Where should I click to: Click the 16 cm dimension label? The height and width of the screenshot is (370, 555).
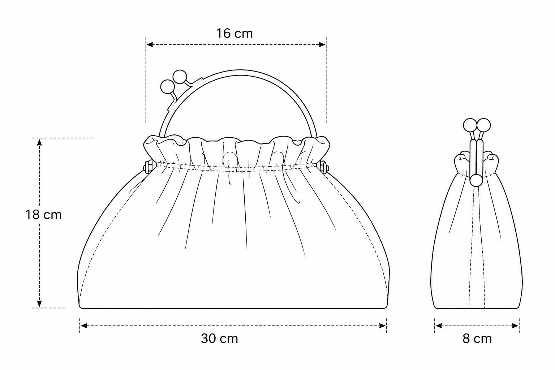235,34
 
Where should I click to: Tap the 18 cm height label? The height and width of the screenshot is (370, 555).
44,214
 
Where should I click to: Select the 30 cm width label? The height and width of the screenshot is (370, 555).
219,339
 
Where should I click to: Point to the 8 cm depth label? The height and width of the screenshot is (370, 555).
477,339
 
